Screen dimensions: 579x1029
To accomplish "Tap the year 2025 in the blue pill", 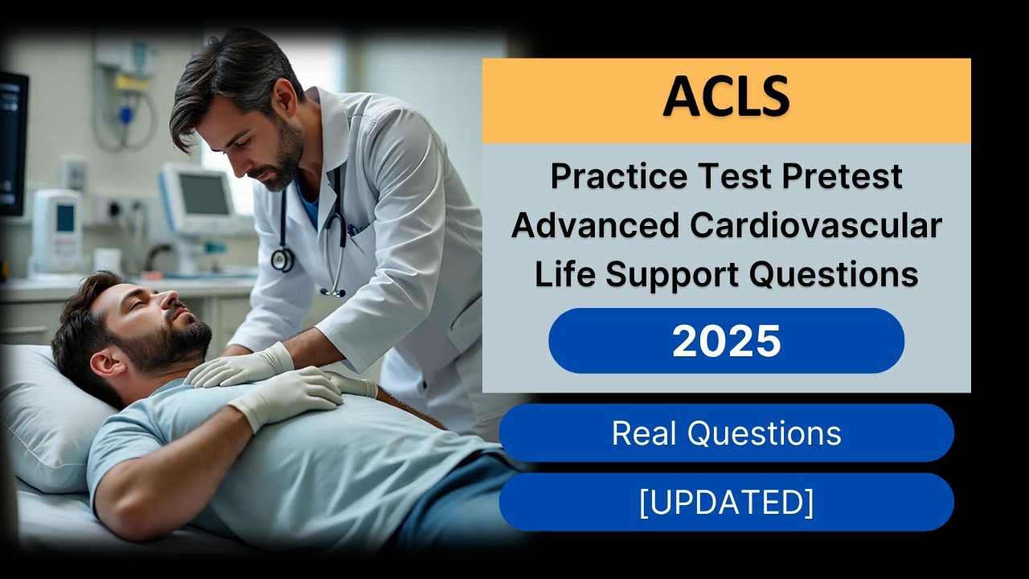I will tap(726, 341).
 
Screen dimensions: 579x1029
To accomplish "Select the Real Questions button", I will tap(726, 433).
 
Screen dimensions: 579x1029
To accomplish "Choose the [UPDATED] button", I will tap(726, 503).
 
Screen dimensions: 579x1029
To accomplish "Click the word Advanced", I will tap(593, 227).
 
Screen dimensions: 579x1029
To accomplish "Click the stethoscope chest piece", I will tap(282, 259).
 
